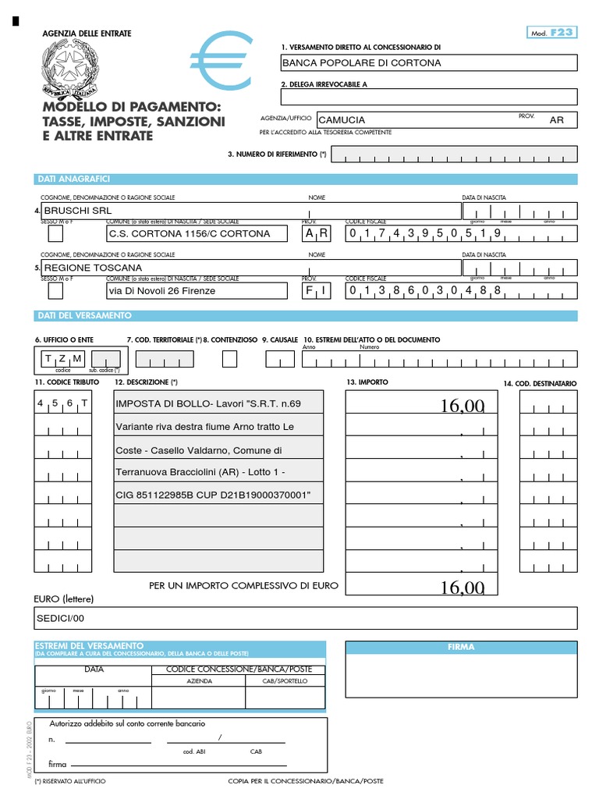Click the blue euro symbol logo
pos(222,64)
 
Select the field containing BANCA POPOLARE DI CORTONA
pos(429,63)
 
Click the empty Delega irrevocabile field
pos(429,97)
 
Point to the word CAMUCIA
pos(342,120)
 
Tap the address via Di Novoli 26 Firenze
pos(162,291)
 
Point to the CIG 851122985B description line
pos(213,495)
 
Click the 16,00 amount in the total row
pos(462,588)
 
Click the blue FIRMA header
pos(461,647)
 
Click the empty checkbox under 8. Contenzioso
pos(229,359)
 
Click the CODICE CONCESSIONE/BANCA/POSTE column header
pos(238,669)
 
